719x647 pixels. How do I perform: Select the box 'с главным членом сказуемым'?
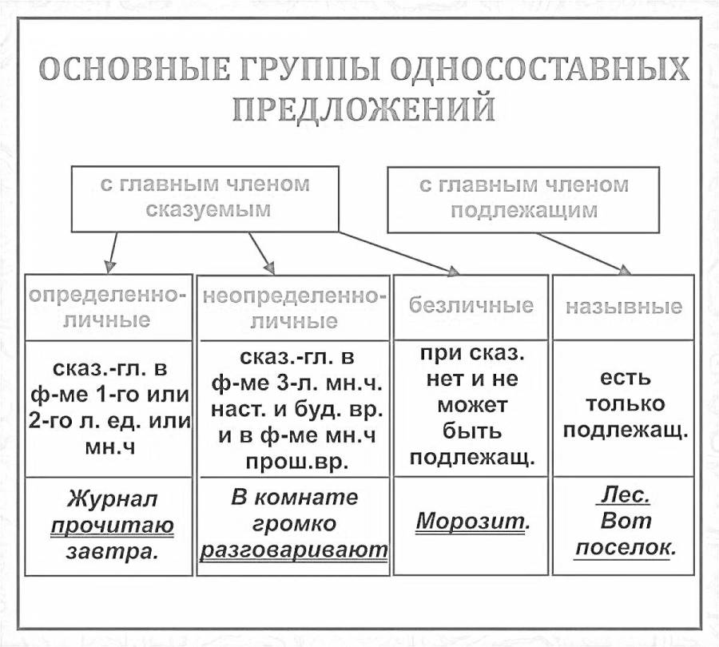point(205,197)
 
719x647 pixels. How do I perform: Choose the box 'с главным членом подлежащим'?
point(523,197)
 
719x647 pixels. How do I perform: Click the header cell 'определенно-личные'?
point(107,308)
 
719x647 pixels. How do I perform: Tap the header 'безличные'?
point(471,306)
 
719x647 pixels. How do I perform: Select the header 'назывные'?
point(623,307)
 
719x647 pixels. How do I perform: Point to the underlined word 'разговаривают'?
point(293,550)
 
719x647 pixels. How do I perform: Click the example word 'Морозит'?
point(472,522)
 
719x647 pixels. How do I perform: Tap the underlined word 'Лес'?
point(625,496)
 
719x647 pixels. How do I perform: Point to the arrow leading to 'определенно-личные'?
point(113,252)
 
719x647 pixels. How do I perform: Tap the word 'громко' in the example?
point(293,524)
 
